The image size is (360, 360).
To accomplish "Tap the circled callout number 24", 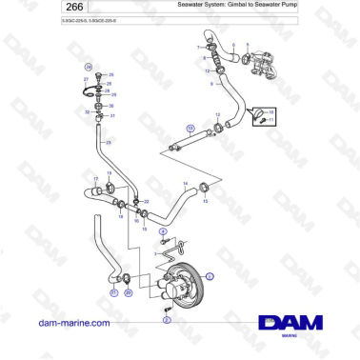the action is [89, 67].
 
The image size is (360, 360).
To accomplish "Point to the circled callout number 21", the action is [113, 294].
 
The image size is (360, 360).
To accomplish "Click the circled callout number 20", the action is [129, 294].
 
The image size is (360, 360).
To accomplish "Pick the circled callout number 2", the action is [167, 321].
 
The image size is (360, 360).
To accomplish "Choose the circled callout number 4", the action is [163, 231].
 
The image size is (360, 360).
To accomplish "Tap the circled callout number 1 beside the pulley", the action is [210, 274].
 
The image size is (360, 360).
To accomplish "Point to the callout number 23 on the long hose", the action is [109, 142].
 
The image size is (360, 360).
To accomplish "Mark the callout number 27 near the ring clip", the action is [86, 81].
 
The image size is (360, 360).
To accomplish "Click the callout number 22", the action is [147, 202].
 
